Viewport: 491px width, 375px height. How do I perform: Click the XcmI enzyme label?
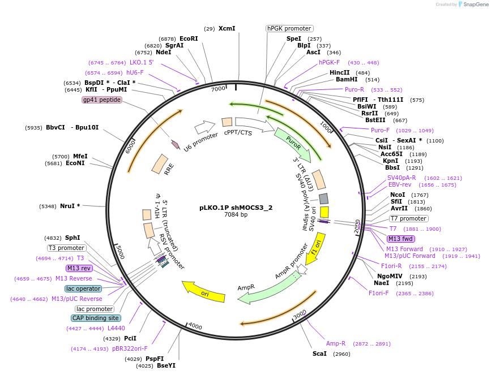click(x=227, y=28)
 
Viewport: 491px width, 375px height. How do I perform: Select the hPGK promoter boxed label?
click(x=289, y=28)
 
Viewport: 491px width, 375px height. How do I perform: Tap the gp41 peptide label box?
click(x=102, y=100)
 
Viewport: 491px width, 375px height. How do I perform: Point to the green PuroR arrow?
click(x=293, y=145)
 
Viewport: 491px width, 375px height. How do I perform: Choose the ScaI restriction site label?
click(x=319, y=354)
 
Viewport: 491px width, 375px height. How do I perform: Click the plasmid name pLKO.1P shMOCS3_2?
click(x=236, y=207)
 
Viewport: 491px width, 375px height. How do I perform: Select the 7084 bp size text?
click(x=236, y=214)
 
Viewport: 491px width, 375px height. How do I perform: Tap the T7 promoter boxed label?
click(x=409, y=218)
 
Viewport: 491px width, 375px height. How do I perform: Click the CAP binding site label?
click(x=96, y=318)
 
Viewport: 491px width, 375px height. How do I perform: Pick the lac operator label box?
click(x=83, y=288)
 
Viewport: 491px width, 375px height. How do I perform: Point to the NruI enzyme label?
click(x=70, y=206)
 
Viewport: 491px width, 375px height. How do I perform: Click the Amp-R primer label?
click(x=336, y=343)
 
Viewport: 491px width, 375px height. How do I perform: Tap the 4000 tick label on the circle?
click(x=195, y=326)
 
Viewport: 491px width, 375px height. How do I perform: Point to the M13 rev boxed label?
click(x=79, y=268)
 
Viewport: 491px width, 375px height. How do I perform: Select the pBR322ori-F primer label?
click(x=130, y=348)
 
